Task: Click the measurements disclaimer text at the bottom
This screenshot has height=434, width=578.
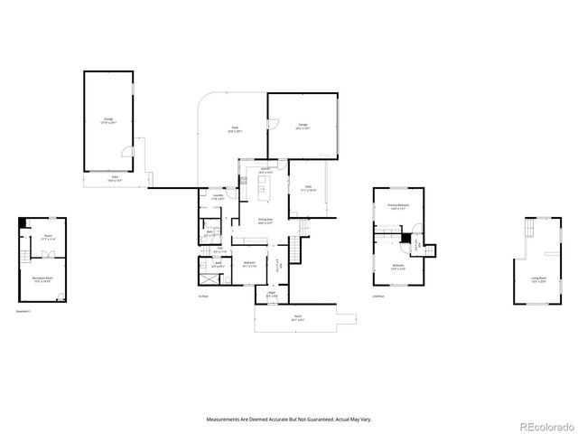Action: (289, 420)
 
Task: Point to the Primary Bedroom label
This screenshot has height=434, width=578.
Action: (398, 206)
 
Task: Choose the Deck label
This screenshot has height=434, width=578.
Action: (308, 189)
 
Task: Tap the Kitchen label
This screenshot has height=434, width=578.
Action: (268, 169)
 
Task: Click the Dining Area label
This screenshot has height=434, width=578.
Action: (266, 220)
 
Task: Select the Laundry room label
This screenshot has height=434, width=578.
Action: (218, 196)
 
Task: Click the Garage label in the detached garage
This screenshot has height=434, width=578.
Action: (107, 119)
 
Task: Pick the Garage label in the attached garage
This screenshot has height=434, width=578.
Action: (303, 126)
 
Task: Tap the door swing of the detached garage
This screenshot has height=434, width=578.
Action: (128, 151)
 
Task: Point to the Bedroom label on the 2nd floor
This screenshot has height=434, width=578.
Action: (398, 266)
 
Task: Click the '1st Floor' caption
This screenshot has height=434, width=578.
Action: (203, 296)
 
